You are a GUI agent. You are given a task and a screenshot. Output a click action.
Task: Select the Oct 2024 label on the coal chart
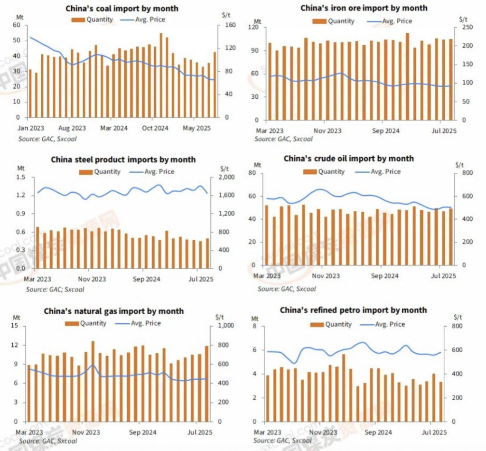[x=155, y=128]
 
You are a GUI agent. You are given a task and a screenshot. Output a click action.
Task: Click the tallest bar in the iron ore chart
[x=407, y=76]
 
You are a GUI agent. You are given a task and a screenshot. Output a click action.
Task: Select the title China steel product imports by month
[x=123, y=160]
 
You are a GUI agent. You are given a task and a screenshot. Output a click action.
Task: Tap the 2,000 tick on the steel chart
[x=227, y=178]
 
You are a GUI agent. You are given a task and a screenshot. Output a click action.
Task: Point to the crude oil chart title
[x=348, y=159]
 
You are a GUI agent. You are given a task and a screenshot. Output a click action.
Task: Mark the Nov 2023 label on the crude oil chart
[x=327, y=276]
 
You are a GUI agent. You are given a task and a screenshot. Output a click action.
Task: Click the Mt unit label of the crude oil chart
[x=257, y=165]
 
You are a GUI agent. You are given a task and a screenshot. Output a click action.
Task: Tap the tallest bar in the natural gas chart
[x=93, y=381]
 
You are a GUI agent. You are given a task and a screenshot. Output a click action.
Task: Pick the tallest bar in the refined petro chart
[x=343, y=387]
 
